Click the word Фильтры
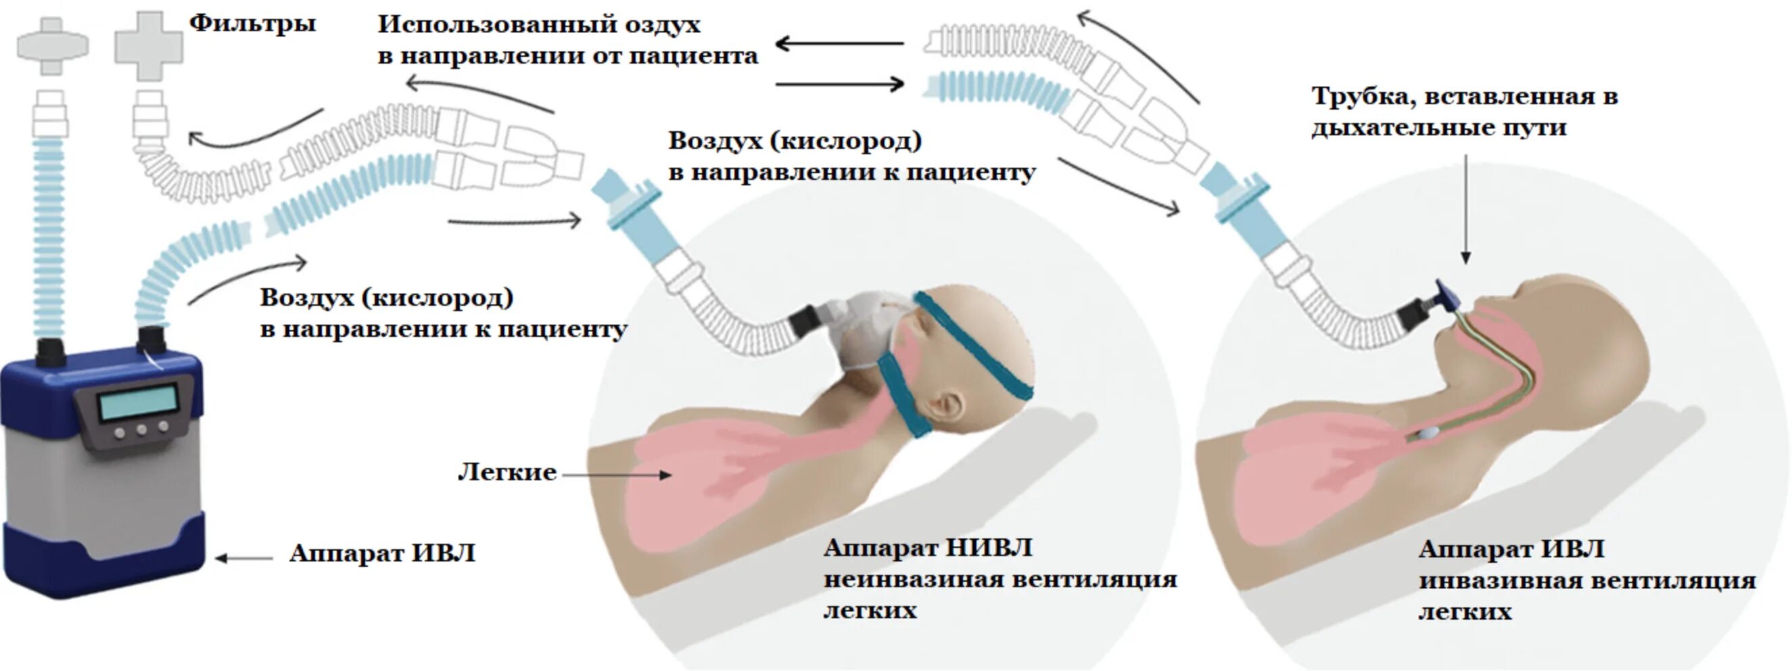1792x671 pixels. point(252,24)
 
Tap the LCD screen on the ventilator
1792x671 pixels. point(138,404)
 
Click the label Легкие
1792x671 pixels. point(507,473)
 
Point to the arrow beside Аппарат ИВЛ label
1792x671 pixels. point(243,557)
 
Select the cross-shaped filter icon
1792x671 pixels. point(149,45)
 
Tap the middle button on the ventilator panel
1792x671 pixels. point(142,430)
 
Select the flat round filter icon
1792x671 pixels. point(53,45)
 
